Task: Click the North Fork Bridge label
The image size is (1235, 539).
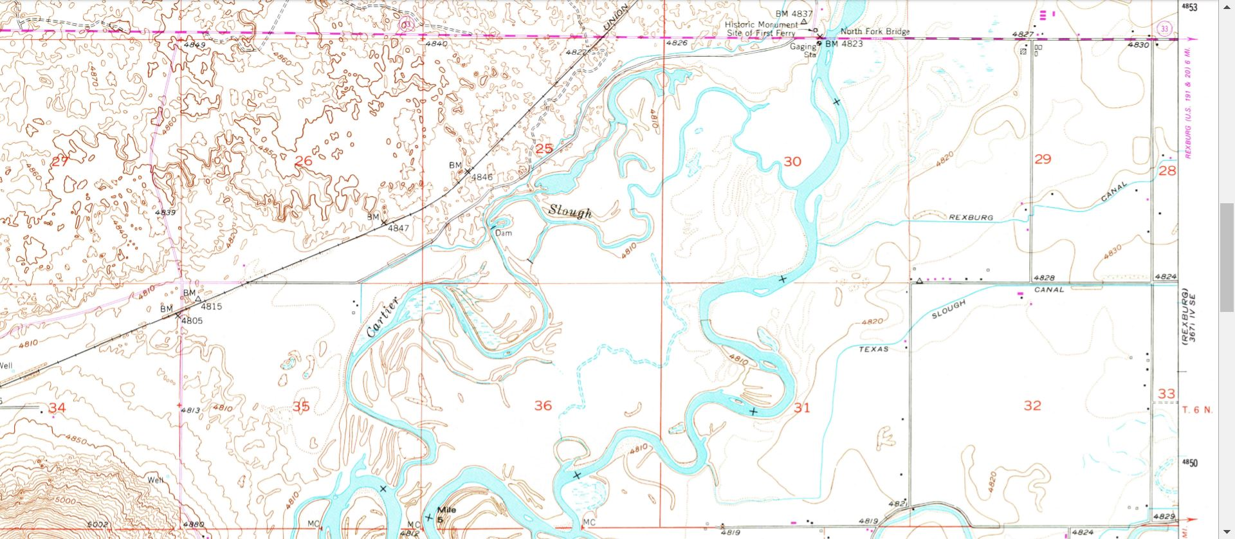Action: [x=875, y=31]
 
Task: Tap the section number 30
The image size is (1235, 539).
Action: [x=792, y=161]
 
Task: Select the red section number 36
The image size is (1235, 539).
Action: [x=543, y=405]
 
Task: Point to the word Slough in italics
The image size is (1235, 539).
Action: [x=570, y=211]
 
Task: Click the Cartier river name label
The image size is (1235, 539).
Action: [x=383, y=317]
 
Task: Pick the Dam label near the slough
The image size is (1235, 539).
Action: [x=504, y=233]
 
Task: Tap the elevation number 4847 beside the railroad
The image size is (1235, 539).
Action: [x=398, y=228]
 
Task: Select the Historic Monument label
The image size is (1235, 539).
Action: [x=762, y=24]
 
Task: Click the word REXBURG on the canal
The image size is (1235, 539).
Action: [x=971, y=217]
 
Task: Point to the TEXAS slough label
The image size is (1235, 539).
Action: [x=874, y=349]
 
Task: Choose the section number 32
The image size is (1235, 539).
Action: [x=1032, y=405]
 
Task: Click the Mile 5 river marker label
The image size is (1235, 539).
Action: [x=446, y=513]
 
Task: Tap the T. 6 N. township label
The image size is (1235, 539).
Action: [x=1197, y=410]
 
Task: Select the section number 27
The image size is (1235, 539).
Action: [x=59, y=161]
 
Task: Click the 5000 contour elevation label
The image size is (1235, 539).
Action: [x=64, y=500]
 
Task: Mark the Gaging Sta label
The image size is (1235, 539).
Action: [x=804, y=50]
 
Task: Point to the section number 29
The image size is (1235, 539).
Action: [x=1042, y=159]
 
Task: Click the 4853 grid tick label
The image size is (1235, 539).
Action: [x=1189, y=7]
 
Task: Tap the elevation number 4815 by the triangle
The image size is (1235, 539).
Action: [x=211, y=306]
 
